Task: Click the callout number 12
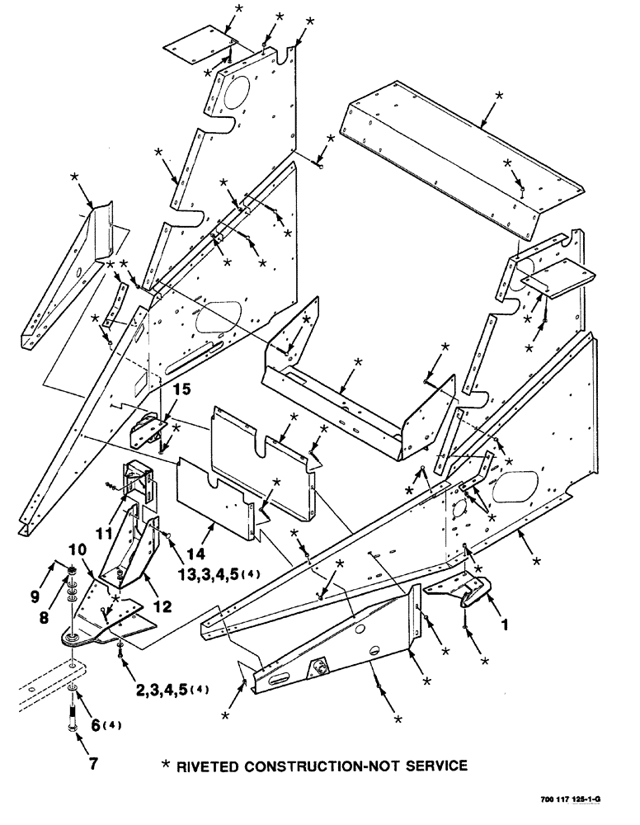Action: [x=162, y=606]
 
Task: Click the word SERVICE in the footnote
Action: [x=435, y=766]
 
